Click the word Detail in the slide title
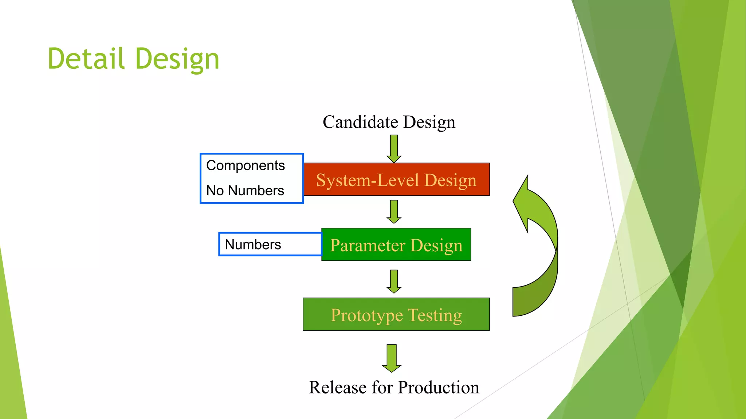tap(86, 59)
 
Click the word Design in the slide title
tap(177, 59)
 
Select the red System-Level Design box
tap(396, 180)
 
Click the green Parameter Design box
tap(396, 245)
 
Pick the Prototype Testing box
tap(396, 315)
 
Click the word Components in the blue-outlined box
tap(245, 165)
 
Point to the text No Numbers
tap(245, 191)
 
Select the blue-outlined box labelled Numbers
tap(270, 244)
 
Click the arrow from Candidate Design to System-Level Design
tap(394, 149)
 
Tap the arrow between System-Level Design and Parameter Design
tap(394, 211)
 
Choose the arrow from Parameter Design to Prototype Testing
tap(394, 281)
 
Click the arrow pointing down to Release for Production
tap(392, 358)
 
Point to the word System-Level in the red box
tap(368, 180)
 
